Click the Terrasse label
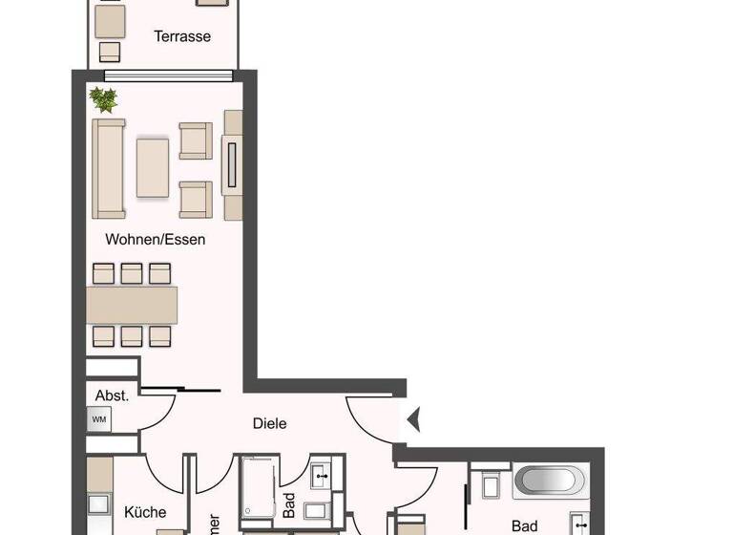tap(182, 37)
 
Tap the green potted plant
tap(102, 99)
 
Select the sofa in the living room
tap(109, 168)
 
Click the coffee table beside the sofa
tap(153, 168)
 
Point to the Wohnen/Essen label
tap(156, 239)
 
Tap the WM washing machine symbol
tap(98, 418)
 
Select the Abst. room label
tap(112, 394)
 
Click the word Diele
tap(269, 423)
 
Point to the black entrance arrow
tap(412, 419)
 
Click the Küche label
tap(145, 512)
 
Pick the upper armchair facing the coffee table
tap(196, 140)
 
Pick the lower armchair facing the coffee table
tap(196, 199)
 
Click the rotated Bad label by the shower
tap(288, 504)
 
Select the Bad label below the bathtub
tap(524, 525)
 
